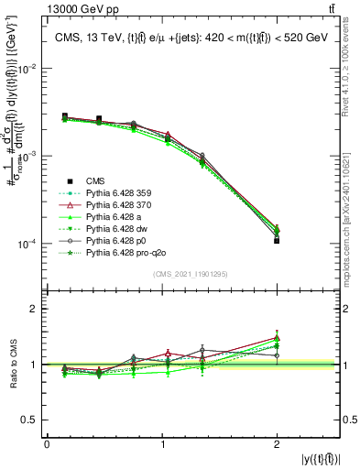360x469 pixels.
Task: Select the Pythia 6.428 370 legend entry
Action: (117, 204)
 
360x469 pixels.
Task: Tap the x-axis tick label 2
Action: (277, 444)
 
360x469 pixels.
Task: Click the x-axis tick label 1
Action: (161, 444)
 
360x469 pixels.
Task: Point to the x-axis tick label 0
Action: (47, 444)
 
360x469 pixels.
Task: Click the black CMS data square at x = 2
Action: (277, 241)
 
